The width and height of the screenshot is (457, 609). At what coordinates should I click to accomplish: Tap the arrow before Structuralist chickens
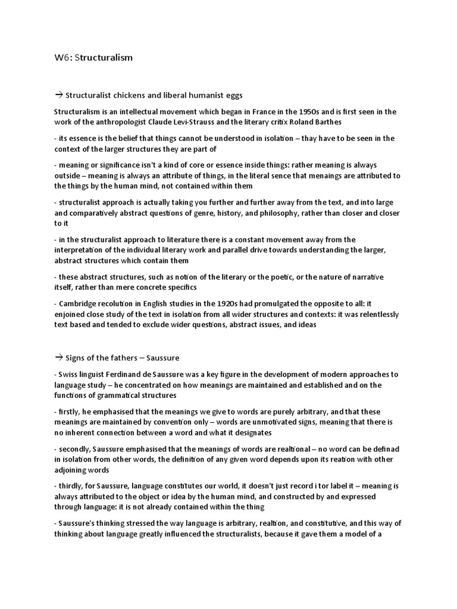tap(58, 95)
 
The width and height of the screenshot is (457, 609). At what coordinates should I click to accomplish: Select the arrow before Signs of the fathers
tap(58, 357)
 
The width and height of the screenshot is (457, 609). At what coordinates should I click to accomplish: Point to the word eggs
tap(231, 95)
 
